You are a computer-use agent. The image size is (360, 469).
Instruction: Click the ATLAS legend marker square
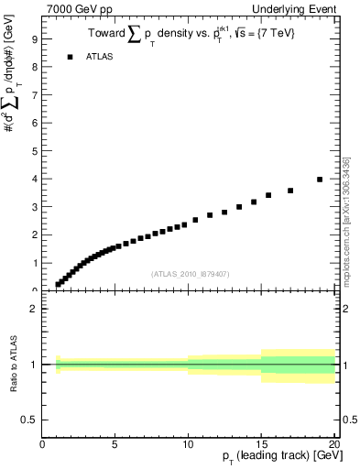point(69,57)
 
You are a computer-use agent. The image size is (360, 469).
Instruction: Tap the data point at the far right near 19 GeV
point(320,180)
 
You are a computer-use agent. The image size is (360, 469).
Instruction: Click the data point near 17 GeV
point(290,191)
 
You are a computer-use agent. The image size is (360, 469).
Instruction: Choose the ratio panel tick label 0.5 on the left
point(28,420)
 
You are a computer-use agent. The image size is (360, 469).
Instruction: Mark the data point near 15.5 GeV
point(268,195)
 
